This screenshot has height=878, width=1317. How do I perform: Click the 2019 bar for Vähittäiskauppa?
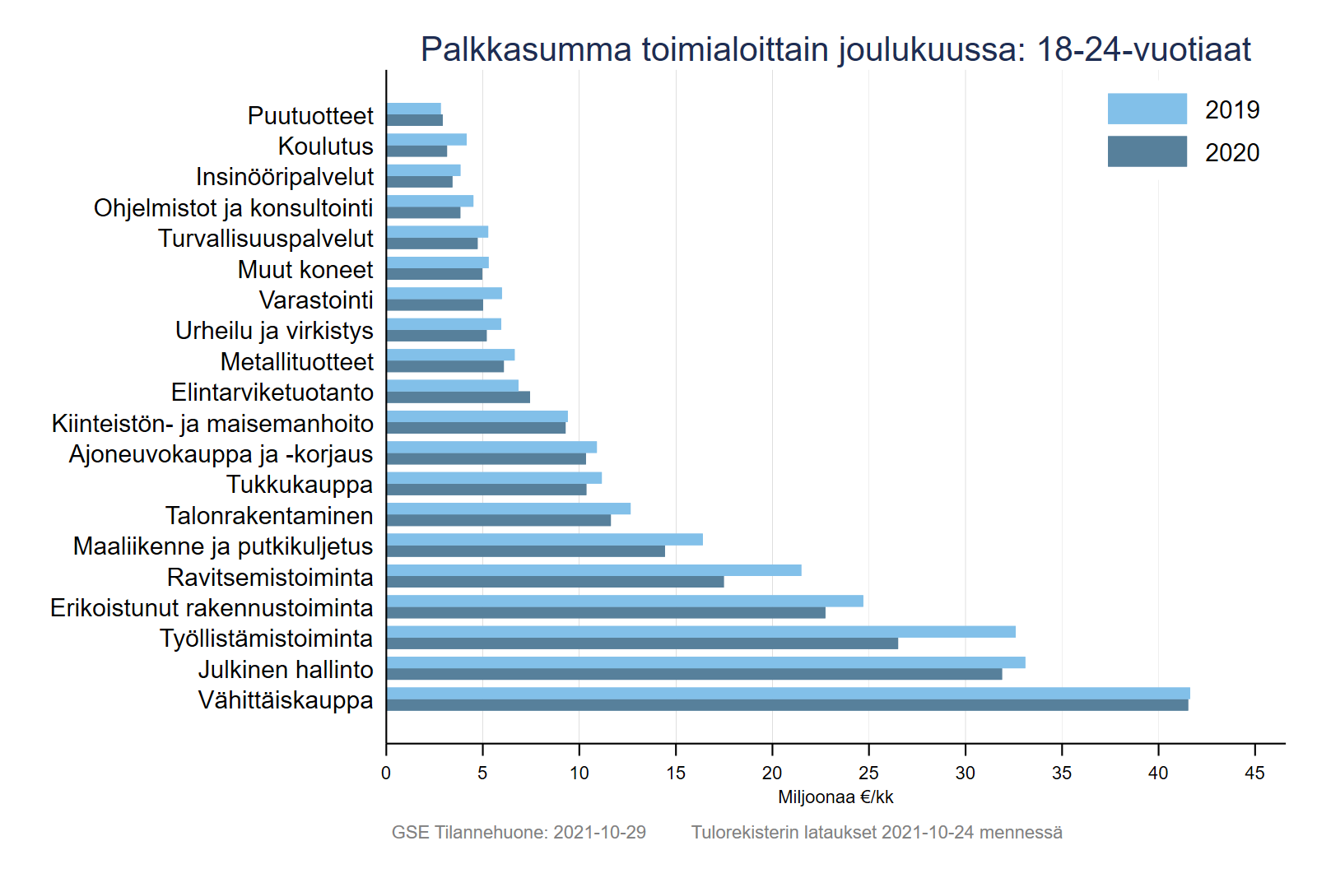coord(788,693)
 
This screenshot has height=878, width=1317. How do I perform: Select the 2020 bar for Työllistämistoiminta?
coord(642,643)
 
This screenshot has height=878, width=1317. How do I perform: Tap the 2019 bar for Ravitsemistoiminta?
coord(593,570)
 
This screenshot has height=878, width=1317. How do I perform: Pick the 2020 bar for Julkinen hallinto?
coord(694,674)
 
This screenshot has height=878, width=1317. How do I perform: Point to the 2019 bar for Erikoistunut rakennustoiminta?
coord(625,601)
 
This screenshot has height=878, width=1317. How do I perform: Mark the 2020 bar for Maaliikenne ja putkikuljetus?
coord(525,551)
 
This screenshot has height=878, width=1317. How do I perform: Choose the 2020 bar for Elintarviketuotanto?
coord(458,397)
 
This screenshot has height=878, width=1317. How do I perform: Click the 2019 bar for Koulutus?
coord(426,139)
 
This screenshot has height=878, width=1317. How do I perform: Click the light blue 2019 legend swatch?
coord(1147,109)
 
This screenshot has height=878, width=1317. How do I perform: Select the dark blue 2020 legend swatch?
coord(1147,151)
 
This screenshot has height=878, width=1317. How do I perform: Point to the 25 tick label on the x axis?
coord(868,773)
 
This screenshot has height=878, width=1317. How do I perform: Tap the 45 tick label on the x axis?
coord(1254,773)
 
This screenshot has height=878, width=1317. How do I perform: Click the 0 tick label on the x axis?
coord(386,773)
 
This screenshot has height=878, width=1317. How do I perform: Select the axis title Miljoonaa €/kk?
coord(835,797)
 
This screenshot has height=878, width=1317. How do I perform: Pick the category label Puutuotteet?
coord(310,116)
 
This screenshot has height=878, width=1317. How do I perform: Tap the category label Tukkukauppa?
coord(300,485)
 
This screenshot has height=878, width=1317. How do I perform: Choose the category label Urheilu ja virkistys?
coord(274,331)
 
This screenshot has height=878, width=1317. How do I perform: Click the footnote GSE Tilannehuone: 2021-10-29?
coord(519,833)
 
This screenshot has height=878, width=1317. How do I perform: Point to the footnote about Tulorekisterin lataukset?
coord(877,833)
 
